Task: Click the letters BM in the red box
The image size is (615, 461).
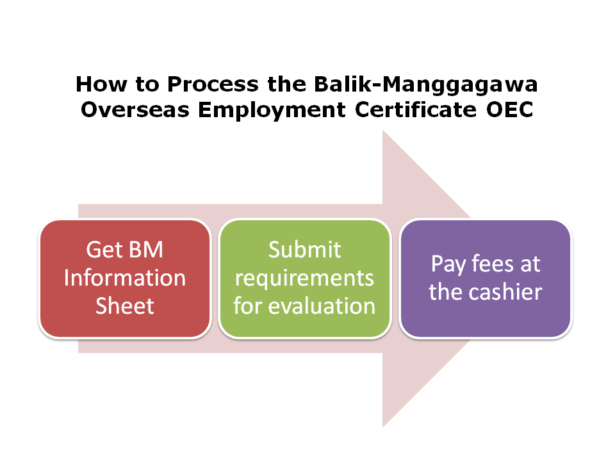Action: [x=146, y=250]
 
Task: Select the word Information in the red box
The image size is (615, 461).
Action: [x=125, y=278]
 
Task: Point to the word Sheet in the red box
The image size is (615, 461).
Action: [x=125, y=306]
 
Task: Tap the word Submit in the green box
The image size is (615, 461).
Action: [x=304, y=250]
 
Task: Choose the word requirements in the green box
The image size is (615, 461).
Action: [x=304, y=278]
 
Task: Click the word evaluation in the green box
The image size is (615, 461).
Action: [x=322, y=306]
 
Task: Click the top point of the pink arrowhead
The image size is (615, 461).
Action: [x=383, y=131]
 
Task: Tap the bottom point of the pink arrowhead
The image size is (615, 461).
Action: [x=383, y=426]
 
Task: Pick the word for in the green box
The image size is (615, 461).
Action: [x=248, y=306]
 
